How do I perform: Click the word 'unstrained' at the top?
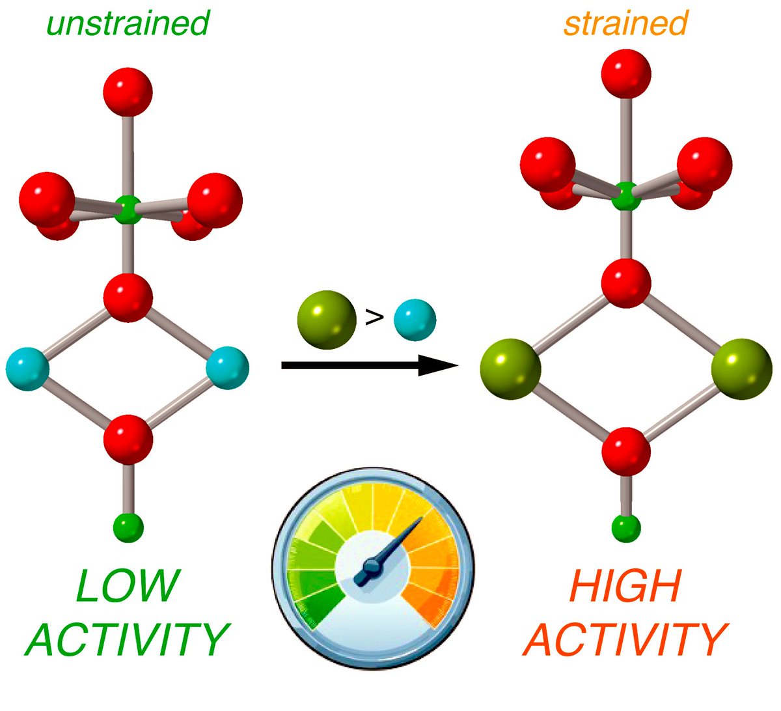(x=128, y=23)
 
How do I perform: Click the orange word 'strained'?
(x=625, y=23)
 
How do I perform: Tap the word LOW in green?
(x=128, y=586)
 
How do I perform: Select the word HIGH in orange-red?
(x=625, y=586)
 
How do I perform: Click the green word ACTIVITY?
(x=128, y=639)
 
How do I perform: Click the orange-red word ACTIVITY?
(x=625, y=639)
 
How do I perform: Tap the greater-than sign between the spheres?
(x=374, y=318)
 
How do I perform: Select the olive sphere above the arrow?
(x=327, y=319)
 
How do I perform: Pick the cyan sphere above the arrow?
(x=415, y=320)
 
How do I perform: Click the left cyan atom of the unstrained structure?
(x=27, y=368)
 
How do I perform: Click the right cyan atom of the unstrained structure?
(x=227, y=368)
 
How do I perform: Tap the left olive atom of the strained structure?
(x=510, y=369)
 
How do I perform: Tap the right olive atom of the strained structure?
(x=741, y=369)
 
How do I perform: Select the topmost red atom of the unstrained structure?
(x=128, y=91)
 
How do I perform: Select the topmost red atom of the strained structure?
(x=625, y=73)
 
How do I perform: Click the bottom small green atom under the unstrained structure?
(x=128, y=527)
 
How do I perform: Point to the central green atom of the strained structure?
(x=626, y=196)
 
